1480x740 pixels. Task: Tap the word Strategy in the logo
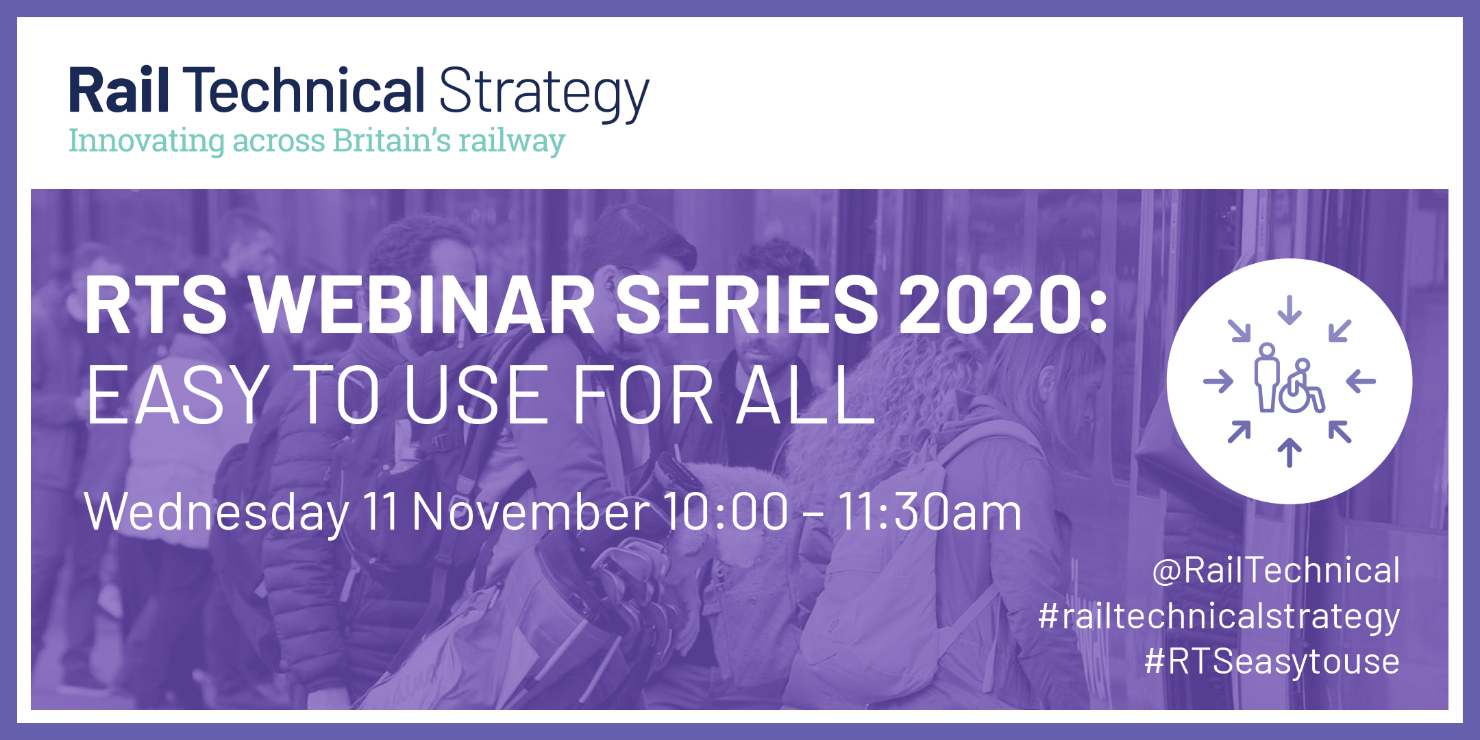coord(544,95)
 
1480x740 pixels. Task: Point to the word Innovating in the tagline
coord(147,142)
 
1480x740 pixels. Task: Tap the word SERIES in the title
coord(747,306)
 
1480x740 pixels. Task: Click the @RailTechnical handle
coord(1276,571)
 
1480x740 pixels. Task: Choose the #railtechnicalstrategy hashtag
coord(1219,617)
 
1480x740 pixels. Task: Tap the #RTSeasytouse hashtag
coord(1272,662)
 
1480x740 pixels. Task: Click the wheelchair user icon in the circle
coord(1302,387)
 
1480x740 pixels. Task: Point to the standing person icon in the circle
coord(1267,377)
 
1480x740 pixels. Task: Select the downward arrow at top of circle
coord(1290,310)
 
